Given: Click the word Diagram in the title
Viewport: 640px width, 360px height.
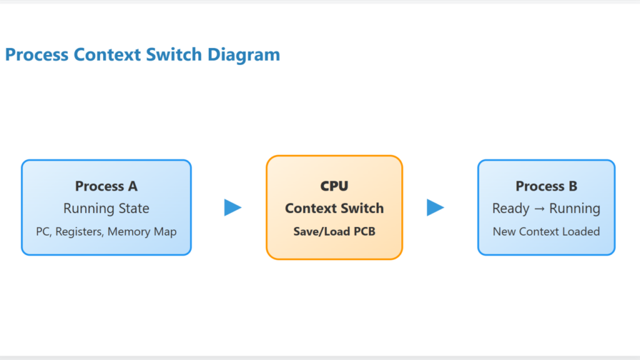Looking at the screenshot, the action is [244, 55].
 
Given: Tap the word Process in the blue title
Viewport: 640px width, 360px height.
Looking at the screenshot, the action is [37, 55].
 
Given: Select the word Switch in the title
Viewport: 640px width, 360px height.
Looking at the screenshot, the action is [174, 55].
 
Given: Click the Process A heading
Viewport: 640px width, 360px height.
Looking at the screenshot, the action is [106, 186].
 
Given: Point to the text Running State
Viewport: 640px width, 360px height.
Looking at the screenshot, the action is [106, 208].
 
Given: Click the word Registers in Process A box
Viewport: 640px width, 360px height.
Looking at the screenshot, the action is [79, 232].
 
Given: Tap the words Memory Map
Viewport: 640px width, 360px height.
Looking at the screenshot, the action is [142, 232].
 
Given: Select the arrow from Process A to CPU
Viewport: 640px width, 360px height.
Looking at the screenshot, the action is [232, 207].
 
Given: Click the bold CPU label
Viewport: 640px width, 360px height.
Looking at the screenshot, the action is [334, 186].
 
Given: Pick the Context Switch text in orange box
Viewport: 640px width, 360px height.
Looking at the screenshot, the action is [334, 208].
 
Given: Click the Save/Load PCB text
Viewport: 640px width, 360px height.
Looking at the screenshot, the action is [334, 231].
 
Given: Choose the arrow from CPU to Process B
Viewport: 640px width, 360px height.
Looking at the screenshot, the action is [436, 207].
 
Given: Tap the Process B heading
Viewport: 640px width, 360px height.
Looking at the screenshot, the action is [546, 186].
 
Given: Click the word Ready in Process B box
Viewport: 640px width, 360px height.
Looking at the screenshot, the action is [511, 209].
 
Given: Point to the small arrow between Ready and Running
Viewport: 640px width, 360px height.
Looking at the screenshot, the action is [539, 209].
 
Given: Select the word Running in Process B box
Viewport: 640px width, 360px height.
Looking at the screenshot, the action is [575, 209].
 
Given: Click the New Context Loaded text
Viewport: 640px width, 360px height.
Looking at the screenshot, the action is [546, 231].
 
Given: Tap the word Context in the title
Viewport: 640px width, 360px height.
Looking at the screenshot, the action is [107, 55].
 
